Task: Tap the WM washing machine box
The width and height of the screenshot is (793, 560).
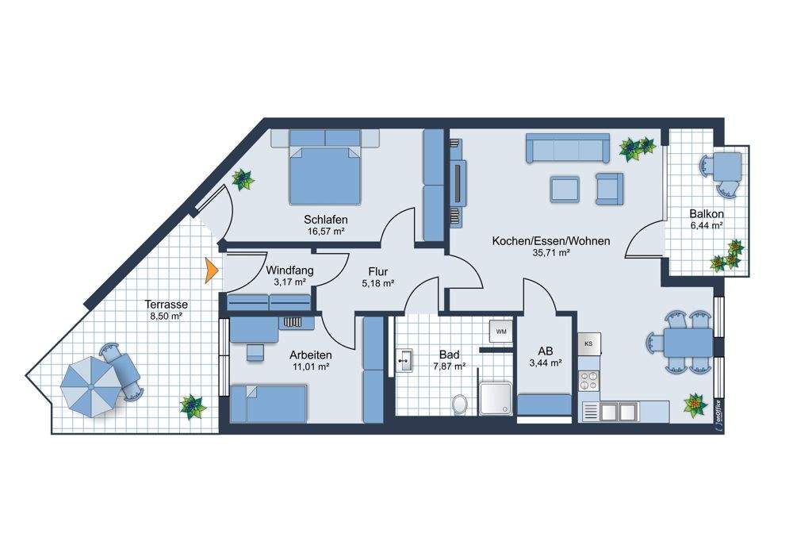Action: (x=500, y=332)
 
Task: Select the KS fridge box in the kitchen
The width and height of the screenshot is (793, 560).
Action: (x=588, y=343)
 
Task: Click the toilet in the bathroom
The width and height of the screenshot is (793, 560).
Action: (x=460, y=405)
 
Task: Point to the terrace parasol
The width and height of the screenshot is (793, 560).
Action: (x=90, y=386)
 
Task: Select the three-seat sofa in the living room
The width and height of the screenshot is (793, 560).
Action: (x=568, y=148)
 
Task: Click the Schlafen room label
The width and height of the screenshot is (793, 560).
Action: (x=326, y=220)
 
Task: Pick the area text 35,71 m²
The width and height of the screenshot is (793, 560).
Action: (x=551, y=252)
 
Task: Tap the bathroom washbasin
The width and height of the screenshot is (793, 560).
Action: (x=404, y=361)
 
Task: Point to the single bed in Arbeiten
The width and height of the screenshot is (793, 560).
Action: (x=269, y=404)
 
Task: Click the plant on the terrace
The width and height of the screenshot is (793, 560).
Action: (x=192, y=406)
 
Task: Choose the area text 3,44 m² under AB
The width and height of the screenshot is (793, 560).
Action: (x=546, y=362)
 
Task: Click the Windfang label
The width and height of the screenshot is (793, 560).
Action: (x=289, y=270)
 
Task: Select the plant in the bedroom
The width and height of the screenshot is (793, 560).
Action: (x=243, y=179)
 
